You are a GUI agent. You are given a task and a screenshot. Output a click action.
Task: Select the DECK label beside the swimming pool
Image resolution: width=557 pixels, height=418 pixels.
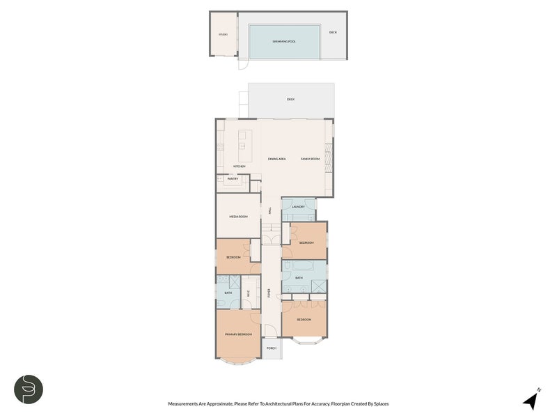(x=333, y=32)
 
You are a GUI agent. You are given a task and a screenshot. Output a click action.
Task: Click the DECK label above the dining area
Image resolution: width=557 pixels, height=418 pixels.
(x=290, y=100)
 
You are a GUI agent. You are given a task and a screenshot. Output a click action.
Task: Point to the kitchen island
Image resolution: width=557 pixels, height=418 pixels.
(x=244, y=144)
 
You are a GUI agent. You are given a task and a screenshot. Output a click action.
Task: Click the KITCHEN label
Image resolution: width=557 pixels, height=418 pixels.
(x=240, y=167)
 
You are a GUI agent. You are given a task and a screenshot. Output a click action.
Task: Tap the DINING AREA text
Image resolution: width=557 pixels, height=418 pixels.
(x=277, y=160)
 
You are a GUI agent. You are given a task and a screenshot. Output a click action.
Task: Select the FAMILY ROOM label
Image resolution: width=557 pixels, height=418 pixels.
(x=310, y=160)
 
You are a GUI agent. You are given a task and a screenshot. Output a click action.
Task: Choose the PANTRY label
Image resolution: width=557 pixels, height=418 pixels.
(x=233, y=179)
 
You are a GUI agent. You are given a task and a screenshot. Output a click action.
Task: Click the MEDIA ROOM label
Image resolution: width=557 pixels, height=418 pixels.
(x=238, y=217)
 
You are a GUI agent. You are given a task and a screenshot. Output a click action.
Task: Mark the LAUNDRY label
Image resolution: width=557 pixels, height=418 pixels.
(x=298, y=207)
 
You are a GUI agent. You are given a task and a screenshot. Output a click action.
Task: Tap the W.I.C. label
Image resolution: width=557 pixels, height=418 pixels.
(x=249, y=293)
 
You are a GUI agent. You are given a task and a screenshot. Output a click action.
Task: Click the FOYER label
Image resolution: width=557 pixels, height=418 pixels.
(x=269, y=293)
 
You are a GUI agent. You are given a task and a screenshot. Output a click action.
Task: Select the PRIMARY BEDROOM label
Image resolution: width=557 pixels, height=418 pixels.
(x=237, y=335)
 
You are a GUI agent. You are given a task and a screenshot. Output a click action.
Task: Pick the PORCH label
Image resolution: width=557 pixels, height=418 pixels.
(x=272, y=348)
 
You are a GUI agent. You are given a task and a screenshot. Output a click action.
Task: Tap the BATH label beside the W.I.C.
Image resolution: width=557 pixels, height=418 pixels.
(x=228, y=293)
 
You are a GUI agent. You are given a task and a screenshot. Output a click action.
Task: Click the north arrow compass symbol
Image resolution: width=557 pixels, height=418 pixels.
(x=532, y=400)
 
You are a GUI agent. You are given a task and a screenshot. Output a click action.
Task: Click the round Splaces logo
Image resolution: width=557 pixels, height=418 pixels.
(x=29, y=389)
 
